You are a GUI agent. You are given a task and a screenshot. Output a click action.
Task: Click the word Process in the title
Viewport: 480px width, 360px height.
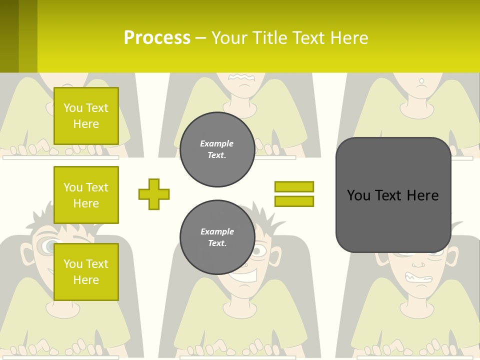click(157, 38)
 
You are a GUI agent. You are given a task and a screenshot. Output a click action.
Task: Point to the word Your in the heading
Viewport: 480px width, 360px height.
click(230, 38)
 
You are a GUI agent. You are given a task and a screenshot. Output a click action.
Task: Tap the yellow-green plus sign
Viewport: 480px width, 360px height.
click(154, 194)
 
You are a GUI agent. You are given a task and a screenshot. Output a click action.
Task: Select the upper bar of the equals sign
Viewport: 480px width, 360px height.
click(294, 186)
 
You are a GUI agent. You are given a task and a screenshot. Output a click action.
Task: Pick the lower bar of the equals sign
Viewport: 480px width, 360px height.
click(294, 201)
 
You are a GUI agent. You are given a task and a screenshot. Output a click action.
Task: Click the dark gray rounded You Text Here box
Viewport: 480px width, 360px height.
click(393, 195)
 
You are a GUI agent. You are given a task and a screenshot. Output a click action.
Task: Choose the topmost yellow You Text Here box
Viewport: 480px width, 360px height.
click(86, 116)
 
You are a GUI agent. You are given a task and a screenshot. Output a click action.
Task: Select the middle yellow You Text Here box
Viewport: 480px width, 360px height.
click(86, 195)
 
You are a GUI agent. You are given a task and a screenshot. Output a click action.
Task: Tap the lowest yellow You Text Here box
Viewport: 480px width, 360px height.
click(86, 272)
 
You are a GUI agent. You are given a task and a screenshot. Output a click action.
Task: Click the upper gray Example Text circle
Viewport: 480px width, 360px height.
click(217, 149)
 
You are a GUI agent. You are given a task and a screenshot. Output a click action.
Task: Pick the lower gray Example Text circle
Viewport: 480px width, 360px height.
click(217, 237)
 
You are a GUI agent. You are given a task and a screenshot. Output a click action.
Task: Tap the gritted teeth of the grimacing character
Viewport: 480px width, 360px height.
click(419, 277)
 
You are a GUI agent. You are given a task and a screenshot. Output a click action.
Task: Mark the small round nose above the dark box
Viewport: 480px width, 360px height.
click(421, 81)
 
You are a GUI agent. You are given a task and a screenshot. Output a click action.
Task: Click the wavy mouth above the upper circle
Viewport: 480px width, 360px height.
click(242, 77)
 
